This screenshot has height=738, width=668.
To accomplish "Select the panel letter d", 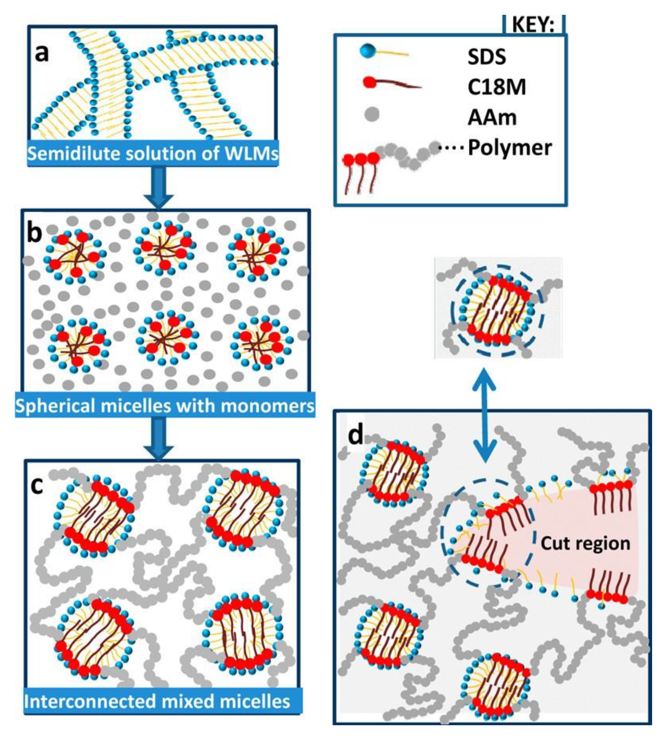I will tap(355, 435).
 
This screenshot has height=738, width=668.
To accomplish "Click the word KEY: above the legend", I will tap(533, 25).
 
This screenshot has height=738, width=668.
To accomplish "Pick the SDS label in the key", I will tap(487, 57).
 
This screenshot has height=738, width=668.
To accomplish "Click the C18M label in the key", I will tap(497, 87).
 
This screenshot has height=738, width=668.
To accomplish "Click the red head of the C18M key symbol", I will tap(369, 82).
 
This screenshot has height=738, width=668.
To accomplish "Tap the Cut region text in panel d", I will tap(585, 543).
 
